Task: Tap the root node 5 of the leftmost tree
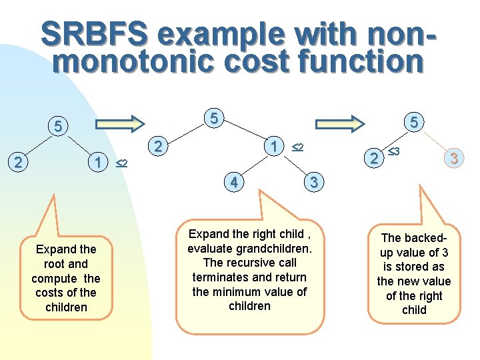(58, 125)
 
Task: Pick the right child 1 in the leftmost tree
(98, 161)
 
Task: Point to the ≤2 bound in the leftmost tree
(121, 163)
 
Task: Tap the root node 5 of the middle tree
(213, 118)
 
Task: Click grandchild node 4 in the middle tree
(233, 181)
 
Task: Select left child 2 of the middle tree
(157, 146)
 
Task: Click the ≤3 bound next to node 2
(393, 153)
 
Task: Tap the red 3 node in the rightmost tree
(453, 158)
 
